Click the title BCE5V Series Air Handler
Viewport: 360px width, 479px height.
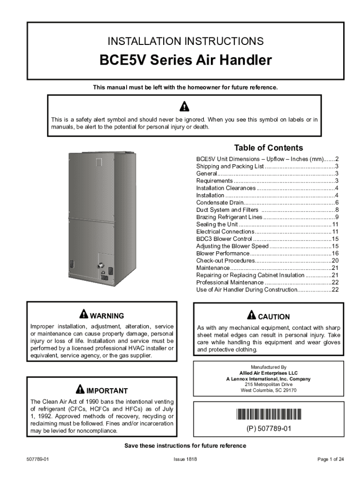point(186,61)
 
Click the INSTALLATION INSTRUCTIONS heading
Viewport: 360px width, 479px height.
point(186,41)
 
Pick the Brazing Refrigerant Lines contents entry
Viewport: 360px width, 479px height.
point(229,217)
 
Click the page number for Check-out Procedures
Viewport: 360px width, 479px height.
point(335,261)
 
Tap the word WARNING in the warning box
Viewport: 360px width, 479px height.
point(107,316)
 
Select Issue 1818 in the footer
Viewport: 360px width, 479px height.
point(185,460)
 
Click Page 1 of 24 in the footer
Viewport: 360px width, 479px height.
point(331,460)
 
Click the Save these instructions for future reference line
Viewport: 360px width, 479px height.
point(185,446)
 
